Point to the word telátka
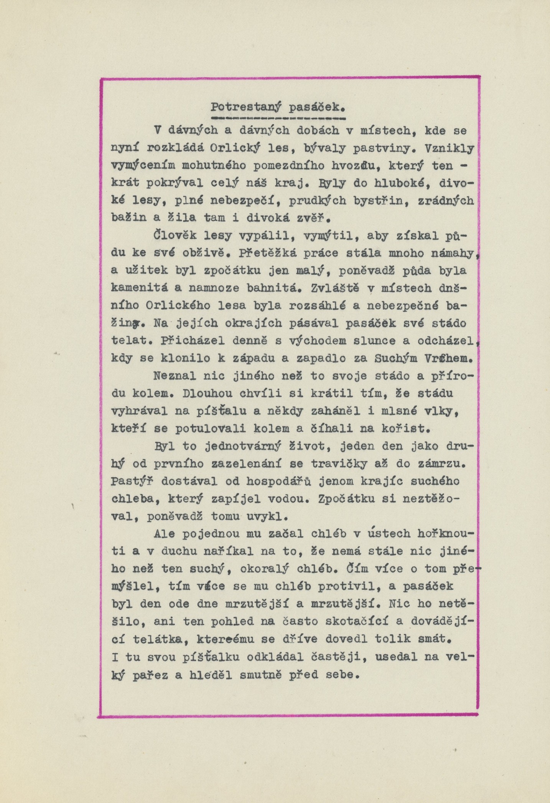[x=160, y=639]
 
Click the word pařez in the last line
[x=150, y=675]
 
